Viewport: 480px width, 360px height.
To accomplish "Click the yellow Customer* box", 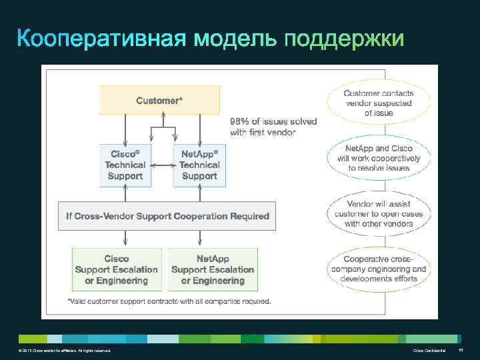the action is [x=159, y=100].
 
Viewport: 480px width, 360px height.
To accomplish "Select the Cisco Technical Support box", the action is [x=125, y=165].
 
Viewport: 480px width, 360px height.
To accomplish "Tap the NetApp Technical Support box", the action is [x=199, y=165].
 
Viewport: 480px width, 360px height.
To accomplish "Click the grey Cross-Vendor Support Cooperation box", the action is [x=167, y=216].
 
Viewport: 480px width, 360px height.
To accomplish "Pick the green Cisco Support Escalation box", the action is [x=117, y=269].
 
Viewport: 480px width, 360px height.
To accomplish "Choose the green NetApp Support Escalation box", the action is [x=213, y=269].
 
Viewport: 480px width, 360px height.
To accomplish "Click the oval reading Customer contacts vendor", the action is [x=379, y=103].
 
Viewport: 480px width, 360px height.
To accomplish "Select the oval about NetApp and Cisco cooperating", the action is [x=379, y=158].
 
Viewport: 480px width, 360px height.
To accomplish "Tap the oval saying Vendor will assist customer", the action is [x=379, y=213].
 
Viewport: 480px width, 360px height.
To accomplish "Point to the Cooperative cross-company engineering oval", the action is [x=379, y=269].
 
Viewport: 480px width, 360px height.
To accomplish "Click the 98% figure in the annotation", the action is [x=241, y=122].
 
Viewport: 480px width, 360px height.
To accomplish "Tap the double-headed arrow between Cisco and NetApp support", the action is [x=162, y=165].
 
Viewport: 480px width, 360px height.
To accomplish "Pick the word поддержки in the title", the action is [x=344, y=39].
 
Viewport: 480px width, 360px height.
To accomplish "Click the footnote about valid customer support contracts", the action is [x=169, y=301].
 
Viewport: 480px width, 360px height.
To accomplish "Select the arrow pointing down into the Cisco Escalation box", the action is [x=125, y=239].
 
